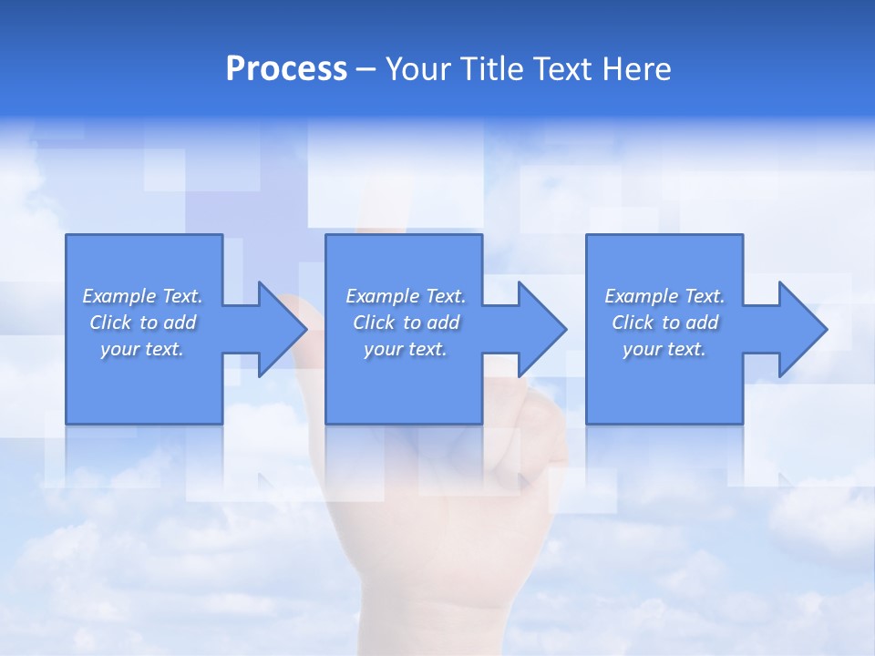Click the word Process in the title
pyautogui.click(x=286, y=69)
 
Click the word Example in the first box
pyautogui.click(x=119, y=296)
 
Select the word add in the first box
pyautogui.click(x=180, y=323)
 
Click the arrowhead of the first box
pyautogui.click(x=283, y=329)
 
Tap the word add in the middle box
pyautogui.click(x=443, y=323)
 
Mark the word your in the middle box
pyautogui.click(x=383, y=349)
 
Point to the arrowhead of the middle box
pyautogui.click(x=542, y=329)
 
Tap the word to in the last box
pyautogui.click(x=673, y=323)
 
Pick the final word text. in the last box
pyautogui.click(x=687, y=349)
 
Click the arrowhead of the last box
pyautogui.click(x=802, y=329)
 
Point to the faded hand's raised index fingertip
pyautogui.click(x=376, y=188)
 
